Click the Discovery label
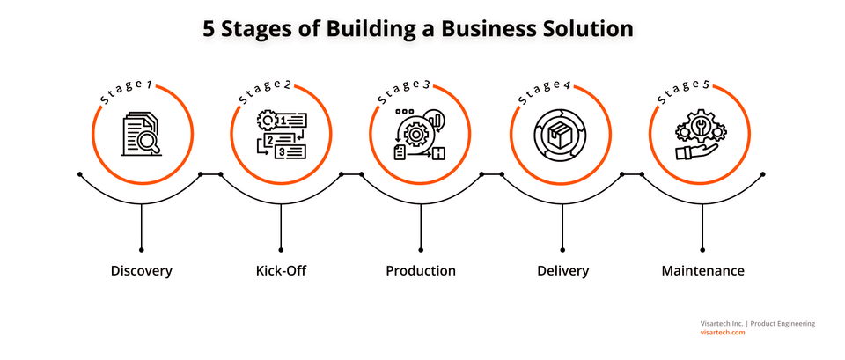141,270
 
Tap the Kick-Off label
281,270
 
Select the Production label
421,270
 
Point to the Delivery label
562,270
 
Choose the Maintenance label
702,270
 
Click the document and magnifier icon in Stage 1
141,133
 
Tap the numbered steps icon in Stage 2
281,134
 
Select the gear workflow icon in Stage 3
421,134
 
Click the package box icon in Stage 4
562,134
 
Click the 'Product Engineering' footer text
783,323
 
